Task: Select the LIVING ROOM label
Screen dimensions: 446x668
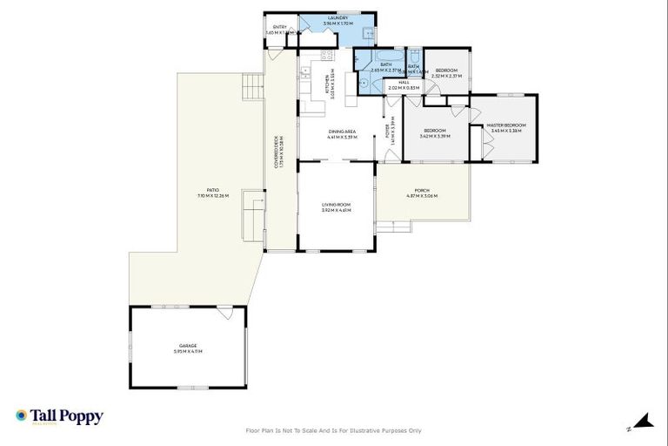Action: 336,208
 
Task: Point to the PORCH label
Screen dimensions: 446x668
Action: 422,193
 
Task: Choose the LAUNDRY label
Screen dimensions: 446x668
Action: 338,20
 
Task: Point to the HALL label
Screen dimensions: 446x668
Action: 404,85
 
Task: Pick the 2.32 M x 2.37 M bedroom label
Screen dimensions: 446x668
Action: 447,72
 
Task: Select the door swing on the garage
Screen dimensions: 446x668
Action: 224,311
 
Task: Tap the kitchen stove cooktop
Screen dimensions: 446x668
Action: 327,56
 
